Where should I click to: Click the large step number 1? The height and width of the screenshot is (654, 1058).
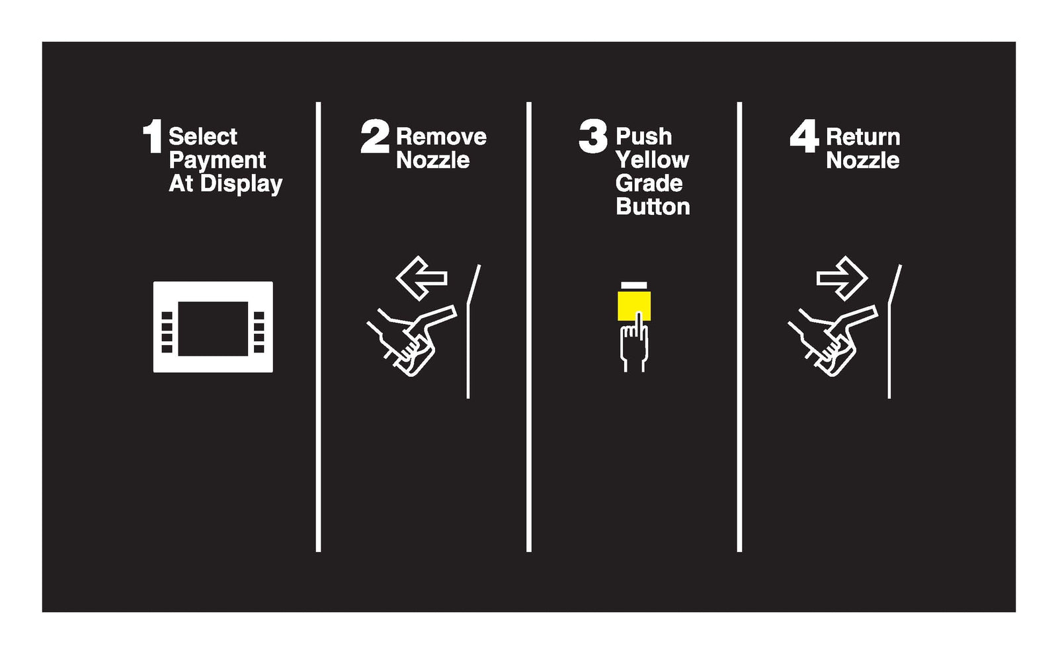(x=153, y=136)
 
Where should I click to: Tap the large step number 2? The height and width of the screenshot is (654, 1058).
(x=375, y=136)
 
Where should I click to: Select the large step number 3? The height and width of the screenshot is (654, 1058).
(x=593, y=136)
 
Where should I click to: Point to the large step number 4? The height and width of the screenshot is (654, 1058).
(x=804, y=136)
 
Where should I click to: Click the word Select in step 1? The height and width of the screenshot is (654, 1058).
(x=202, y=137)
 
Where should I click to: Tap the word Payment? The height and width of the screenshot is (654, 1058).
(x=218, y=161)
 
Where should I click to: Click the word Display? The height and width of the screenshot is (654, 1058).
(x=241, y=184)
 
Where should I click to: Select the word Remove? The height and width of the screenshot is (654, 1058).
(x=441, y=137)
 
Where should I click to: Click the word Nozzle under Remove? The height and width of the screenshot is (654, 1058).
(x=432, y=160)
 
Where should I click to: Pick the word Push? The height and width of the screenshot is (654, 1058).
(x=643, y=137)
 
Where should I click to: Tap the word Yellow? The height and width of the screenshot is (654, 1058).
(x=652, y=160)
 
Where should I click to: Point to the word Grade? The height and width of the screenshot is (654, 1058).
(x=649, y=183)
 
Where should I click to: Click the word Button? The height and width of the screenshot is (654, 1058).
(x=653, y=206)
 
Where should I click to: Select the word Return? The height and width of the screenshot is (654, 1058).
(x=863, y=137)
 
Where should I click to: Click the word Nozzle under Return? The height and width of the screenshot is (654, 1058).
(x=862, y=160)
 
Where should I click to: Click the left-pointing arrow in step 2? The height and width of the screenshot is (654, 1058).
(x=421, y=278)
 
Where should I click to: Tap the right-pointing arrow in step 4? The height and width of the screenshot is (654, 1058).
(x=842, y=278)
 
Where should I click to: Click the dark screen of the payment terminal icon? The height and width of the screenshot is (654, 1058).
(x=213, y=328)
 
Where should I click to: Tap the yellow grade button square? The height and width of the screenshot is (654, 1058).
(x=634, y=305)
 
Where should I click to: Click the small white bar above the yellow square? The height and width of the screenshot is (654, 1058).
(x=634, y=285)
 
